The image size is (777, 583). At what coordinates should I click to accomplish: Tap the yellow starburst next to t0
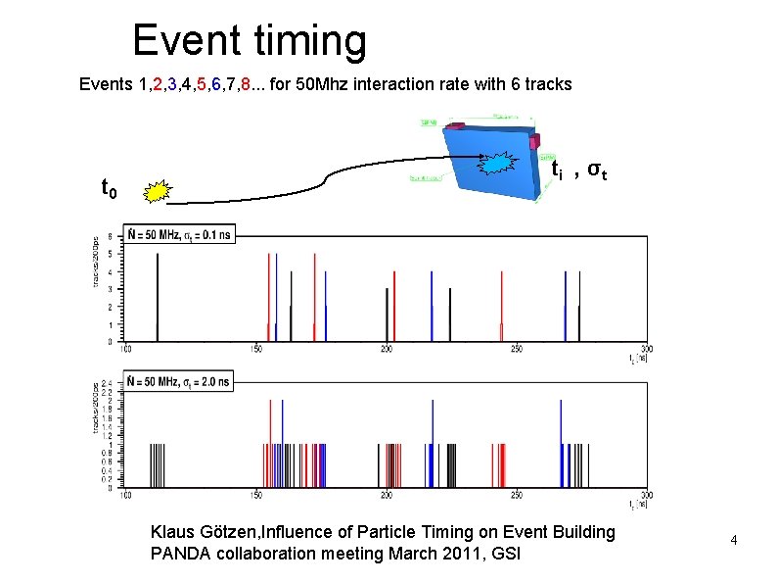click(x=155, y=191)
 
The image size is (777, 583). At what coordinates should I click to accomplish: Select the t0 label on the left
click(x=110, y=186)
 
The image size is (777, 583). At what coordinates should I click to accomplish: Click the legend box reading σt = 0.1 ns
click(x=177, y=234)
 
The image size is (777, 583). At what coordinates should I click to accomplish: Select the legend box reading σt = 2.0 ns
click(x=177, y=381)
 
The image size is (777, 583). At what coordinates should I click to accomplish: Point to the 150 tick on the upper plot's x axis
click(x=254, y=349)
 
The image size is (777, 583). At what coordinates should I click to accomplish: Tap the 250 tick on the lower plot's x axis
click(x=516, y=495)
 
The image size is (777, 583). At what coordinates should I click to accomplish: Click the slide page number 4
click(x=733, y=540)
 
